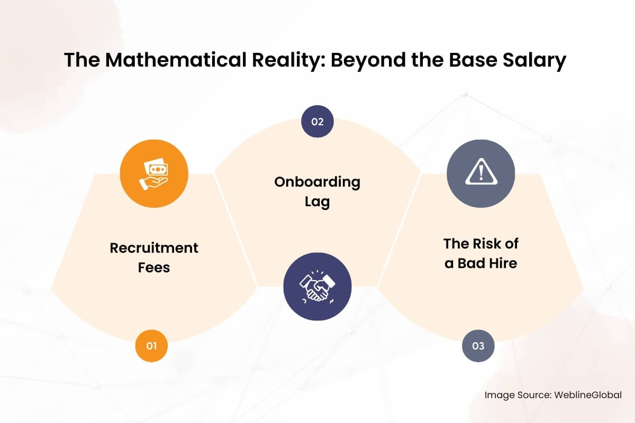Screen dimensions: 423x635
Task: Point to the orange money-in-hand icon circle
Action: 154,173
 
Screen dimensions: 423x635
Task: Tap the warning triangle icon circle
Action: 481,173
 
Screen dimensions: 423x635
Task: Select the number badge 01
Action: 152,346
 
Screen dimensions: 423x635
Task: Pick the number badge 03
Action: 478,346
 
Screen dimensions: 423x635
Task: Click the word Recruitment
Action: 154,247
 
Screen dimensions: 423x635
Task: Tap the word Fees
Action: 154,267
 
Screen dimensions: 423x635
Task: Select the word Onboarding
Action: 317,182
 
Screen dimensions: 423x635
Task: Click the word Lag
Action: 317,202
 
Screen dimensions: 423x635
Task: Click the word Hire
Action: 504,263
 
